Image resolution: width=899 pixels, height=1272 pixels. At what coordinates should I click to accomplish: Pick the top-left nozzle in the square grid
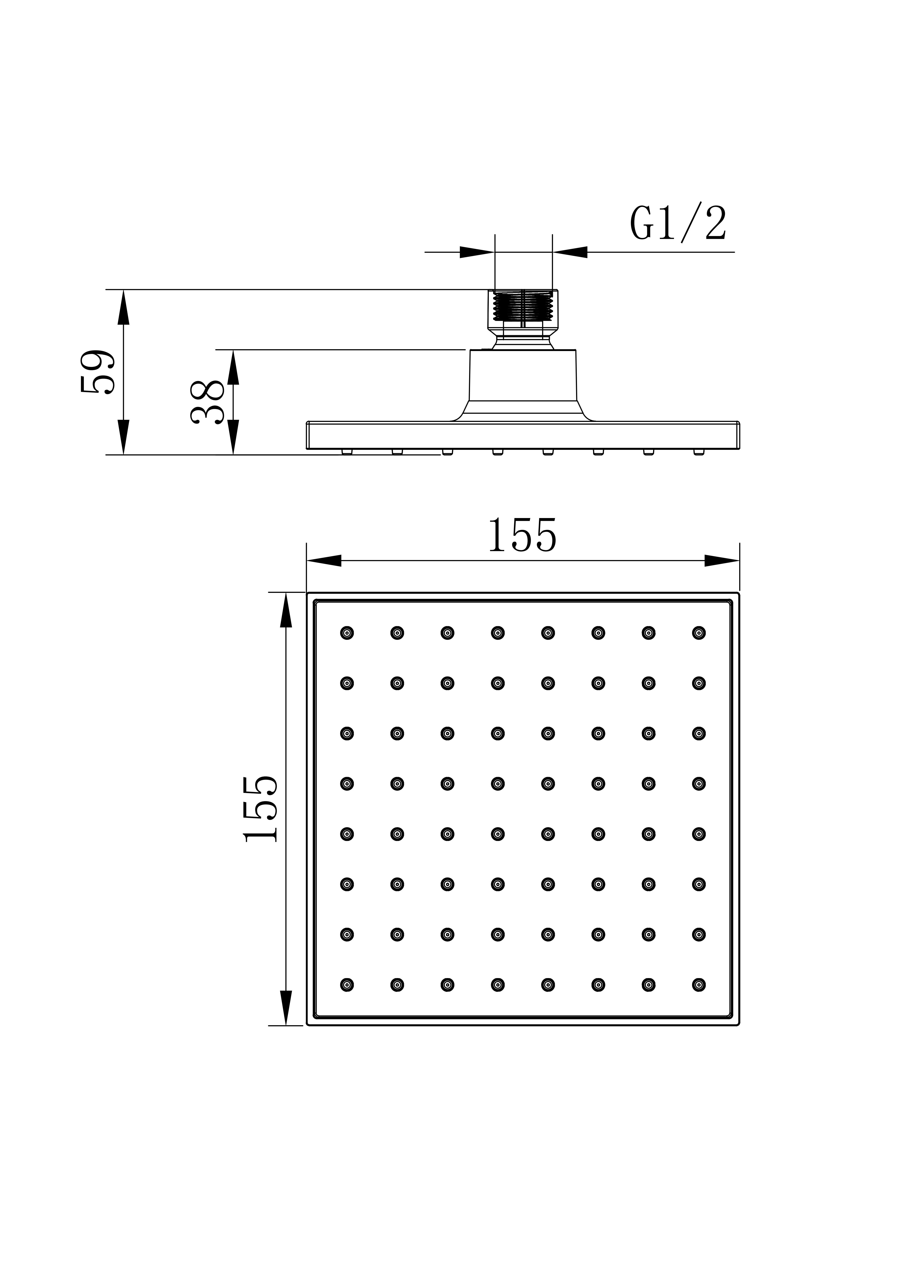point(347,633)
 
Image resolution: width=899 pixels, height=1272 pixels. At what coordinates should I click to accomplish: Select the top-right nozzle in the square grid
point(699,633)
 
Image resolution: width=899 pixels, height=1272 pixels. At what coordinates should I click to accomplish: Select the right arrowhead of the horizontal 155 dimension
point(722,560)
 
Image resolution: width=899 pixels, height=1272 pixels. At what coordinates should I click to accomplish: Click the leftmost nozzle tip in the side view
point(347,452)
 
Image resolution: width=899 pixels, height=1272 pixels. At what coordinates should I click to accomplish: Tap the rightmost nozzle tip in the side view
point(699,452)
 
